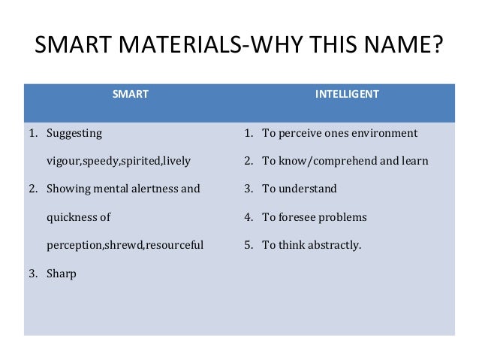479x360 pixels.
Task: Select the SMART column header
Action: click(130, 95)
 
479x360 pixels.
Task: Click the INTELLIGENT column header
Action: click(347, 95)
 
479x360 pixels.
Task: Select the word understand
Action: click(306, 189)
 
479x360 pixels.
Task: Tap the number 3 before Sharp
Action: click(32, 274)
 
